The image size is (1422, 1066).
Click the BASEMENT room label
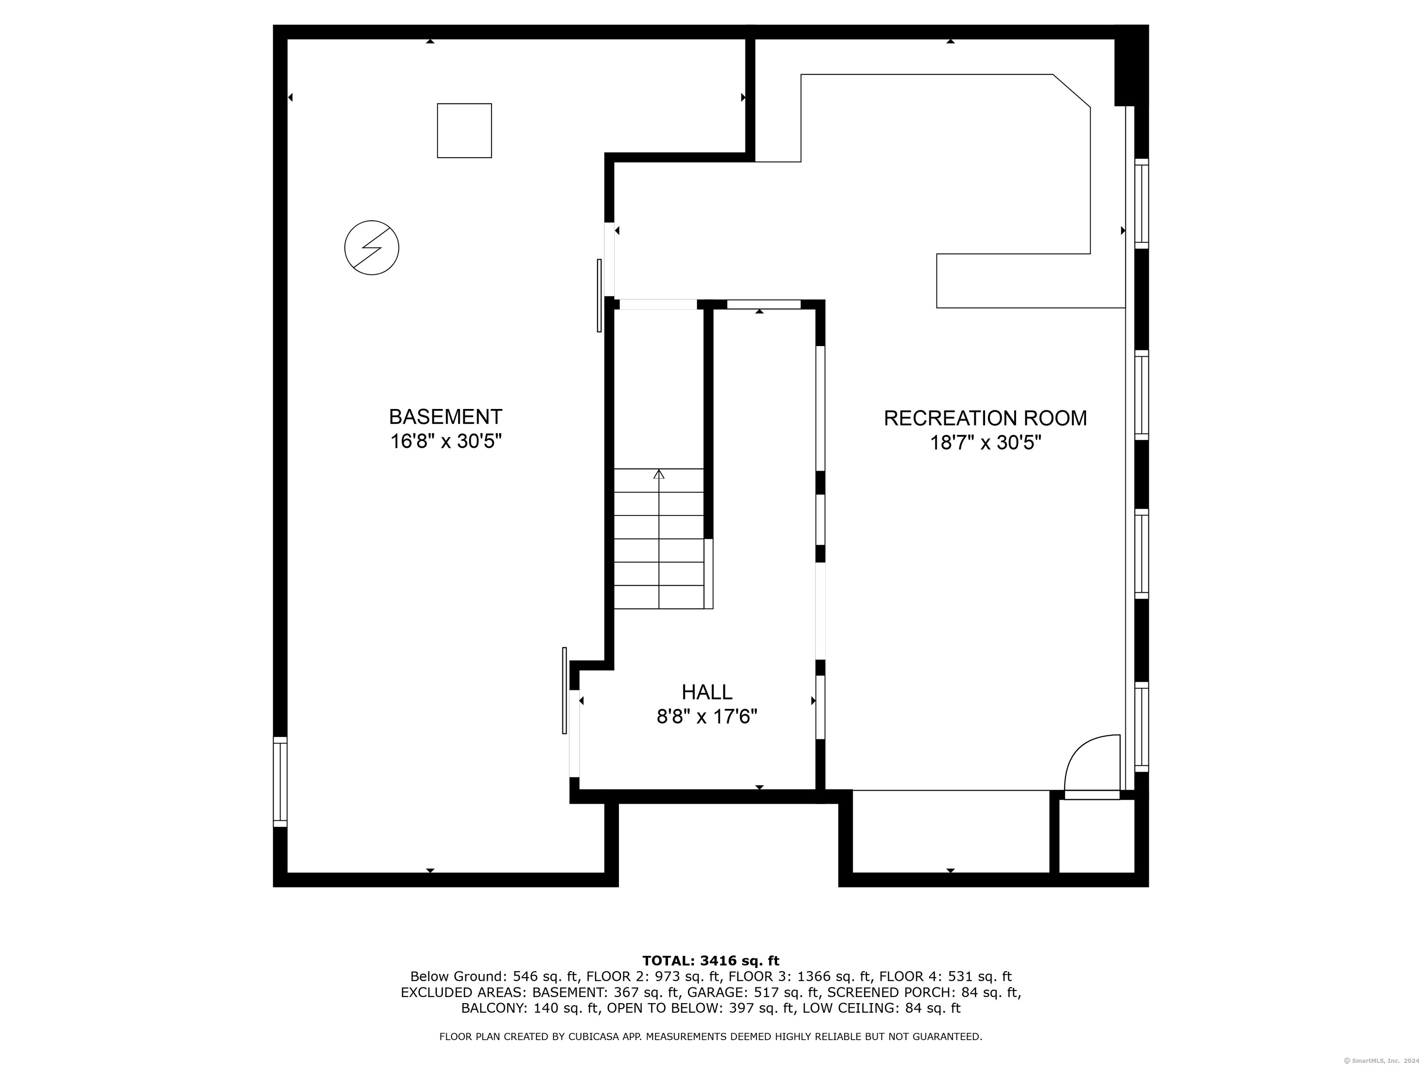445,417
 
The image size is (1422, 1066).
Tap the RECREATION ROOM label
985,418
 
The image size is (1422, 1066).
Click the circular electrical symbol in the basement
372,248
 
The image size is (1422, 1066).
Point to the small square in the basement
464,130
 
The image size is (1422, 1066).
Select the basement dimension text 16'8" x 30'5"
445,442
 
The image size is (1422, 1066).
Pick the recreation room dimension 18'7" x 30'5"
985,443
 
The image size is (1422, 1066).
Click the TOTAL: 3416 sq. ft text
711,961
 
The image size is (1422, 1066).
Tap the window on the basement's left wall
281,781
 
